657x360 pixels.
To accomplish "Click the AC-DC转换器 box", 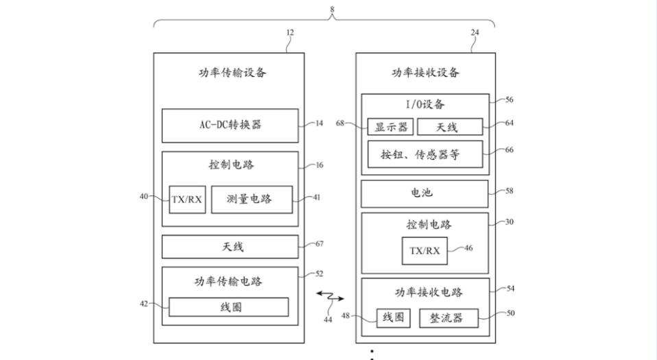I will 230,125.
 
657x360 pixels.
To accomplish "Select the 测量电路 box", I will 251,199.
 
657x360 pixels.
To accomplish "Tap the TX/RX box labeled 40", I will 187,199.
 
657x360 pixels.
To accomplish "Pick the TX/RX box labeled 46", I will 425,250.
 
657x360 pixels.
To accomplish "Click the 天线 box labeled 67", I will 230,247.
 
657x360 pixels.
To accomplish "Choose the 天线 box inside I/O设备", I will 449,127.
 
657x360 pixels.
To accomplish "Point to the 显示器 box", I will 390,127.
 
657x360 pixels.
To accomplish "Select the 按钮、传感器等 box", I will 425,155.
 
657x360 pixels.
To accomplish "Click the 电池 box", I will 425,193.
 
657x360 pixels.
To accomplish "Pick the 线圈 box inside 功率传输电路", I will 228,307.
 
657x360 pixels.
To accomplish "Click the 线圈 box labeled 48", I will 394,318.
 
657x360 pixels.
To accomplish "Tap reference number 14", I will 319,124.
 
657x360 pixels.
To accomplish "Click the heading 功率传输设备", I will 228,73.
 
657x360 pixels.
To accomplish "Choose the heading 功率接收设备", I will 425,73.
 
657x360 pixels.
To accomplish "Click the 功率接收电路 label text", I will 425,292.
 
